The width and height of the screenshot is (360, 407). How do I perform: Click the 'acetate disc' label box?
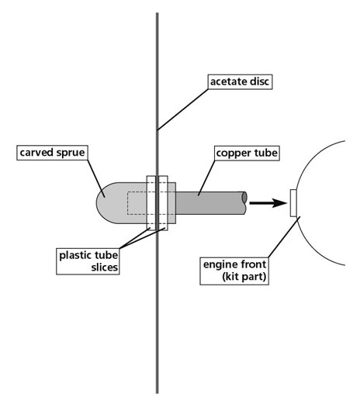(x=240, y=81)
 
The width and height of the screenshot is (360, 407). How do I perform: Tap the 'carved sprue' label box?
(x=52, y=153)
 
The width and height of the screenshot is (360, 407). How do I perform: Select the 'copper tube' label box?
(x=247, y=153)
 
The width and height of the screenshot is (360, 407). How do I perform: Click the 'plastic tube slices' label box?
(x=88, y=261)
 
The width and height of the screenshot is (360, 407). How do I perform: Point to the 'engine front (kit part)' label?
(x=234, y=271)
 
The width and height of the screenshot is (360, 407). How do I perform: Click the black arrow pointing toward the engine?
(x=268, y=202)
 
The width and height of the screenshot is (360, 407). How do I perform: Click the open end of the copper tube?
(x=244, y=197)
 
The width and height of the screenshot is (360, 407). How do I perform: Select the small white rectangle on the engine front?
(x=293, y=203)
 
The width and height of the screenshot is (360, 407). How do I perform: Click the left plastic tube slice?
(x=151, y=203)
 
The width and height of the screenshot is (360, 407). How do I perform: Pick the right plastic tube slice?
(x=163, y=203)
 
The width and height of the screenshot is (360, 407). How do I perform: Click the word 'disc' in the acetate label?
(x=258, y=81)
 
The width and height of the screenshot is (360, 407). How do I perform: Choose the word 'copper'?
(x=232, y=153)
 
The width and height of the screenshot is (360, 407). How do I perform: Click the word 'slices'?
(x=105, y=267)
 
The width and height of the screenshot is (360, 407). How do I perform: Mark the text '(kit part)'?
(x=244, y=277)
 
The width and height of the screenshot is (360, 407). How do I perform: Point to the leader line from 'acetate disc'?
(x=182, y=109)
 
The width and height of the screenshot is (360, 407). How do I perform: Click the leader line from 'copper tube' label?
(x=206, y=178)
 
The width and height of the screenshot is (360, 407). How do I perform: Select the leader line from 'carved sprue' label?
(x=96, y=178)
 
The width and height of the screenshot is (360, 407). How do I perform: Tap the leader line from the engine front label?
(x=284, y=237)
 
